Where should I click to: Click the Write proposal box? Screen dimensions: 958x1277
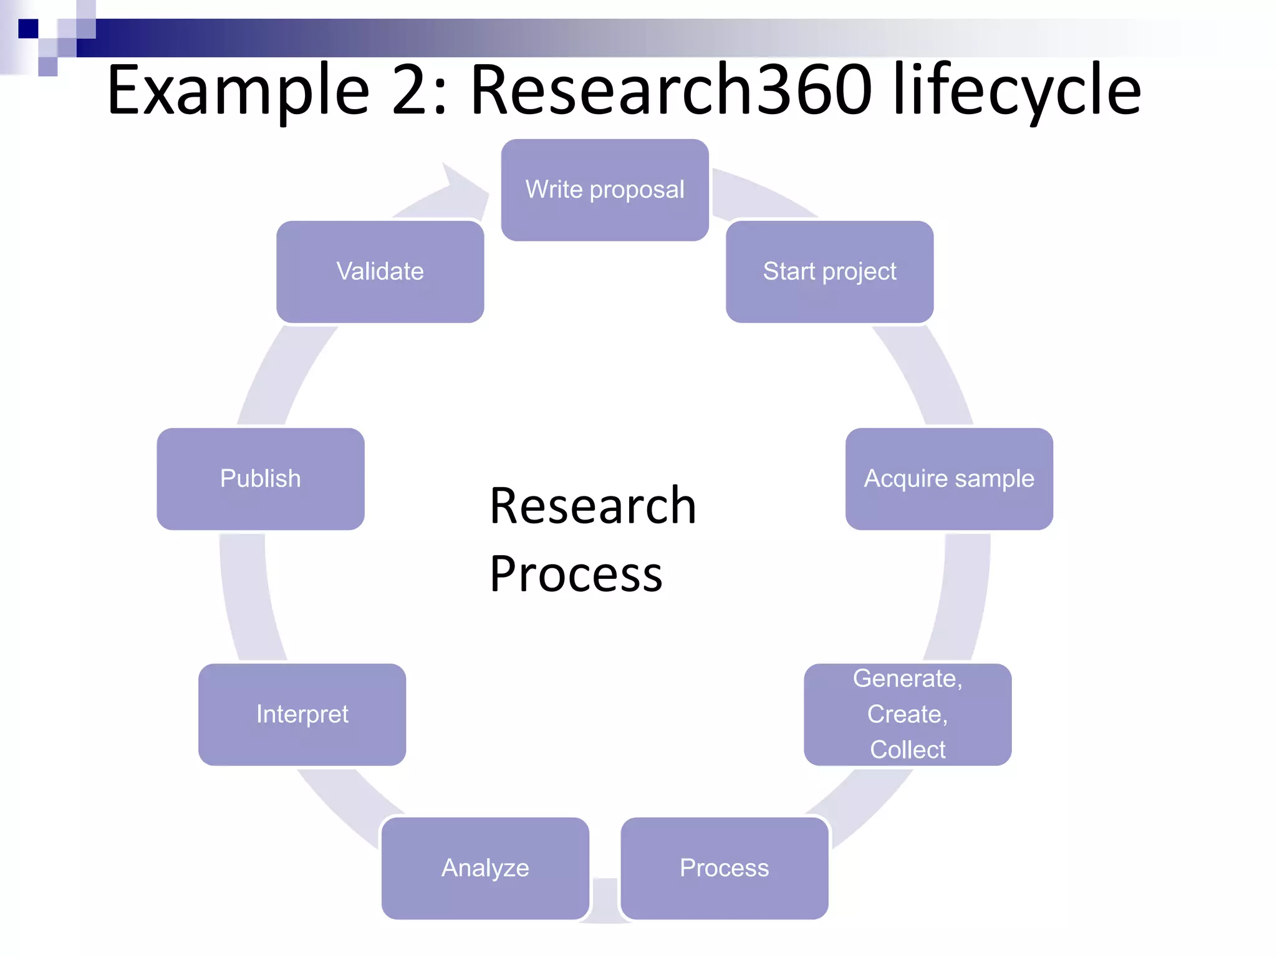point(604,190)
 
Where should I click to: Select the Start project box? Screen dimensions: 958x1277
point(829,271)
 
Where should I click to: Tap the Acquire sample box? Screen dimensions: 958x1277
point(949,478)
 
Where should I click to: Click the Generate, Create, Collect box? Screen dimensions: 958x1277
point(907,714)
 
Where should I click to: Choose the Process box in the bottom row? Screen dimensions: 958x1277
point(724,868)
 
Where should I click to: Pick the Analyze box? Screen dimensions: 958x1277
point(485,868)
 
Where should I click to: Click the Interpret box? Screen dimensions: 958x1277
point(302,714)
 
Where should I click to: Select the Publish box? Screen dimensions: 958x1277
point(260,478)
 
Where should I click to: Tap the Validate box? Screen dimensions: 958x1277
point(380,271)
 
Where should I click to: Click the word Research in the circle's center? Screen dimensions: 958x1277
point(592,505)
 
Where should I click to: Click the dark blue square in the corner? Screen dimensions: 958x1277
point(28,29)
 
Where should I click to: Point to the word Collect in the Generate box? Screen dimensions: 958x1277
point(907,749)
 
